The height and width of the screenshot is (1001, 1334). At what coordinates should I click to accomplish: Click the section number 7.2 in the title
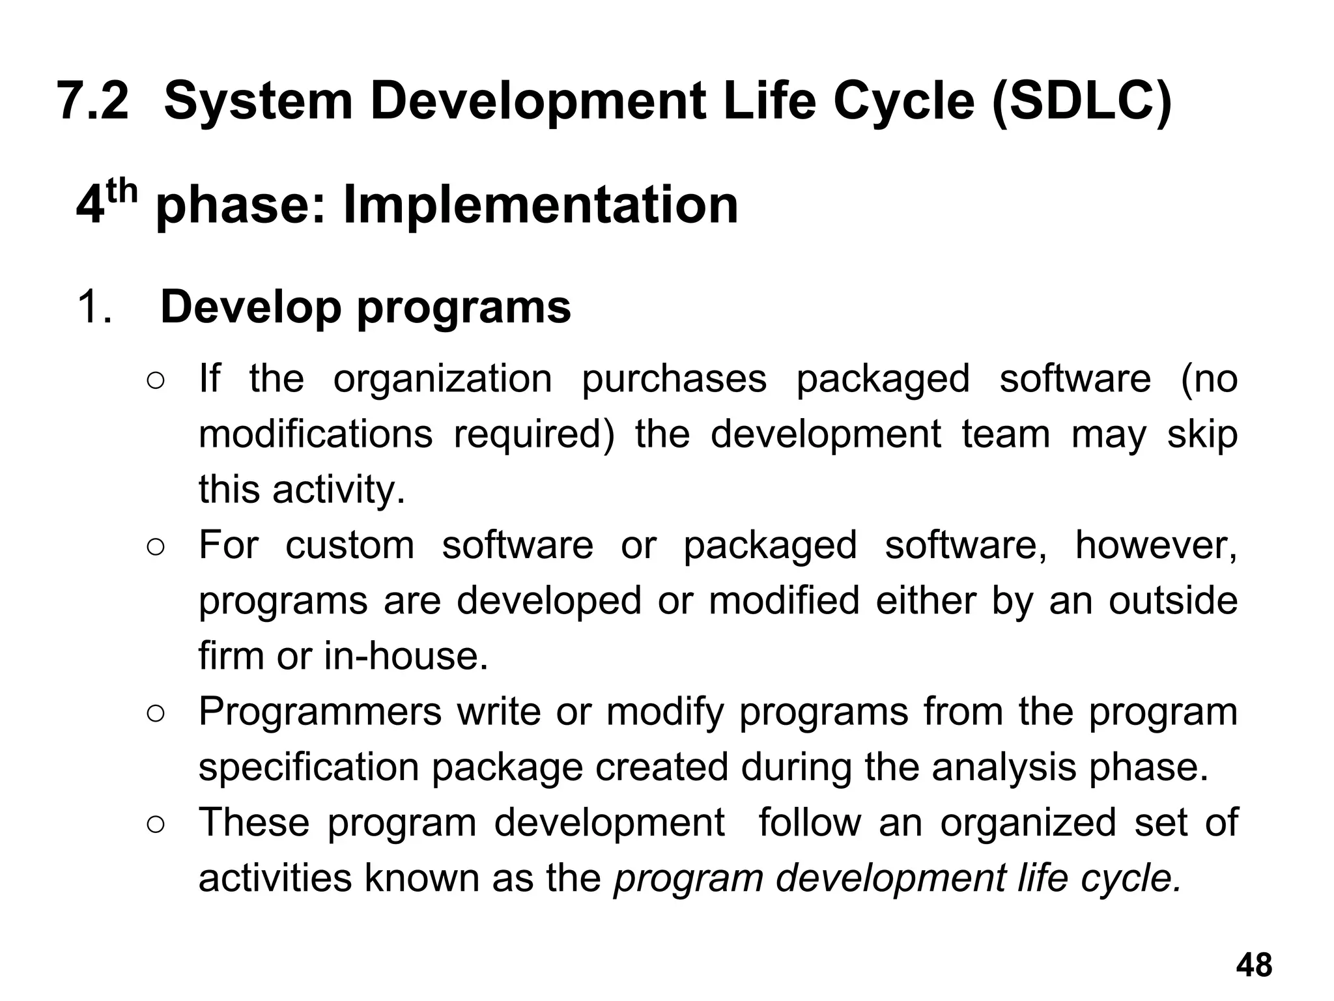94,101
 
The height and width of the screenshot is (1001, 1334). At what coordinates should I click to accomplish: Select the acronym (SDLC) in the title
1081,101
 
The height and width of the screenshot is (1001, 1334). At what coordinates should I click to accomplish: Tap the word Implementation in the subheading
541,204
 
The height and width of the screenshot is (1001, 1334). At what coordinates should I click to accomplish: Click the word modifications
315,434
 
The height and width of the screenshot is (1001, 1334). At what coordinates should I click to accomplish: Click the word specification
309,767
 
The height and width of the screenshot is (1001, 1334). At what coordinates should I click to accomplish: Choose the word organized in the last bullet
1029,822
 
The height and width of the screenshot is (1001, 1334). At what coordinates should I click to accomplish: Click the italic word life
1042,877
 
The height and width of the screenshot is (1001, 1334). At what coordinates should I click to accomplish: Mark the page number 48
1254,965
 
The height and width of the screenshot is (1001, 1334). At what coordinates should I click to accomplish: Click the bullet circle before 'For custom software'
156,546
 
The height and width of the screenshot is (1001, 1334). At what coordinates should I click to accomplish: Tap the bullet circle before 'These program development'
156,823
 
